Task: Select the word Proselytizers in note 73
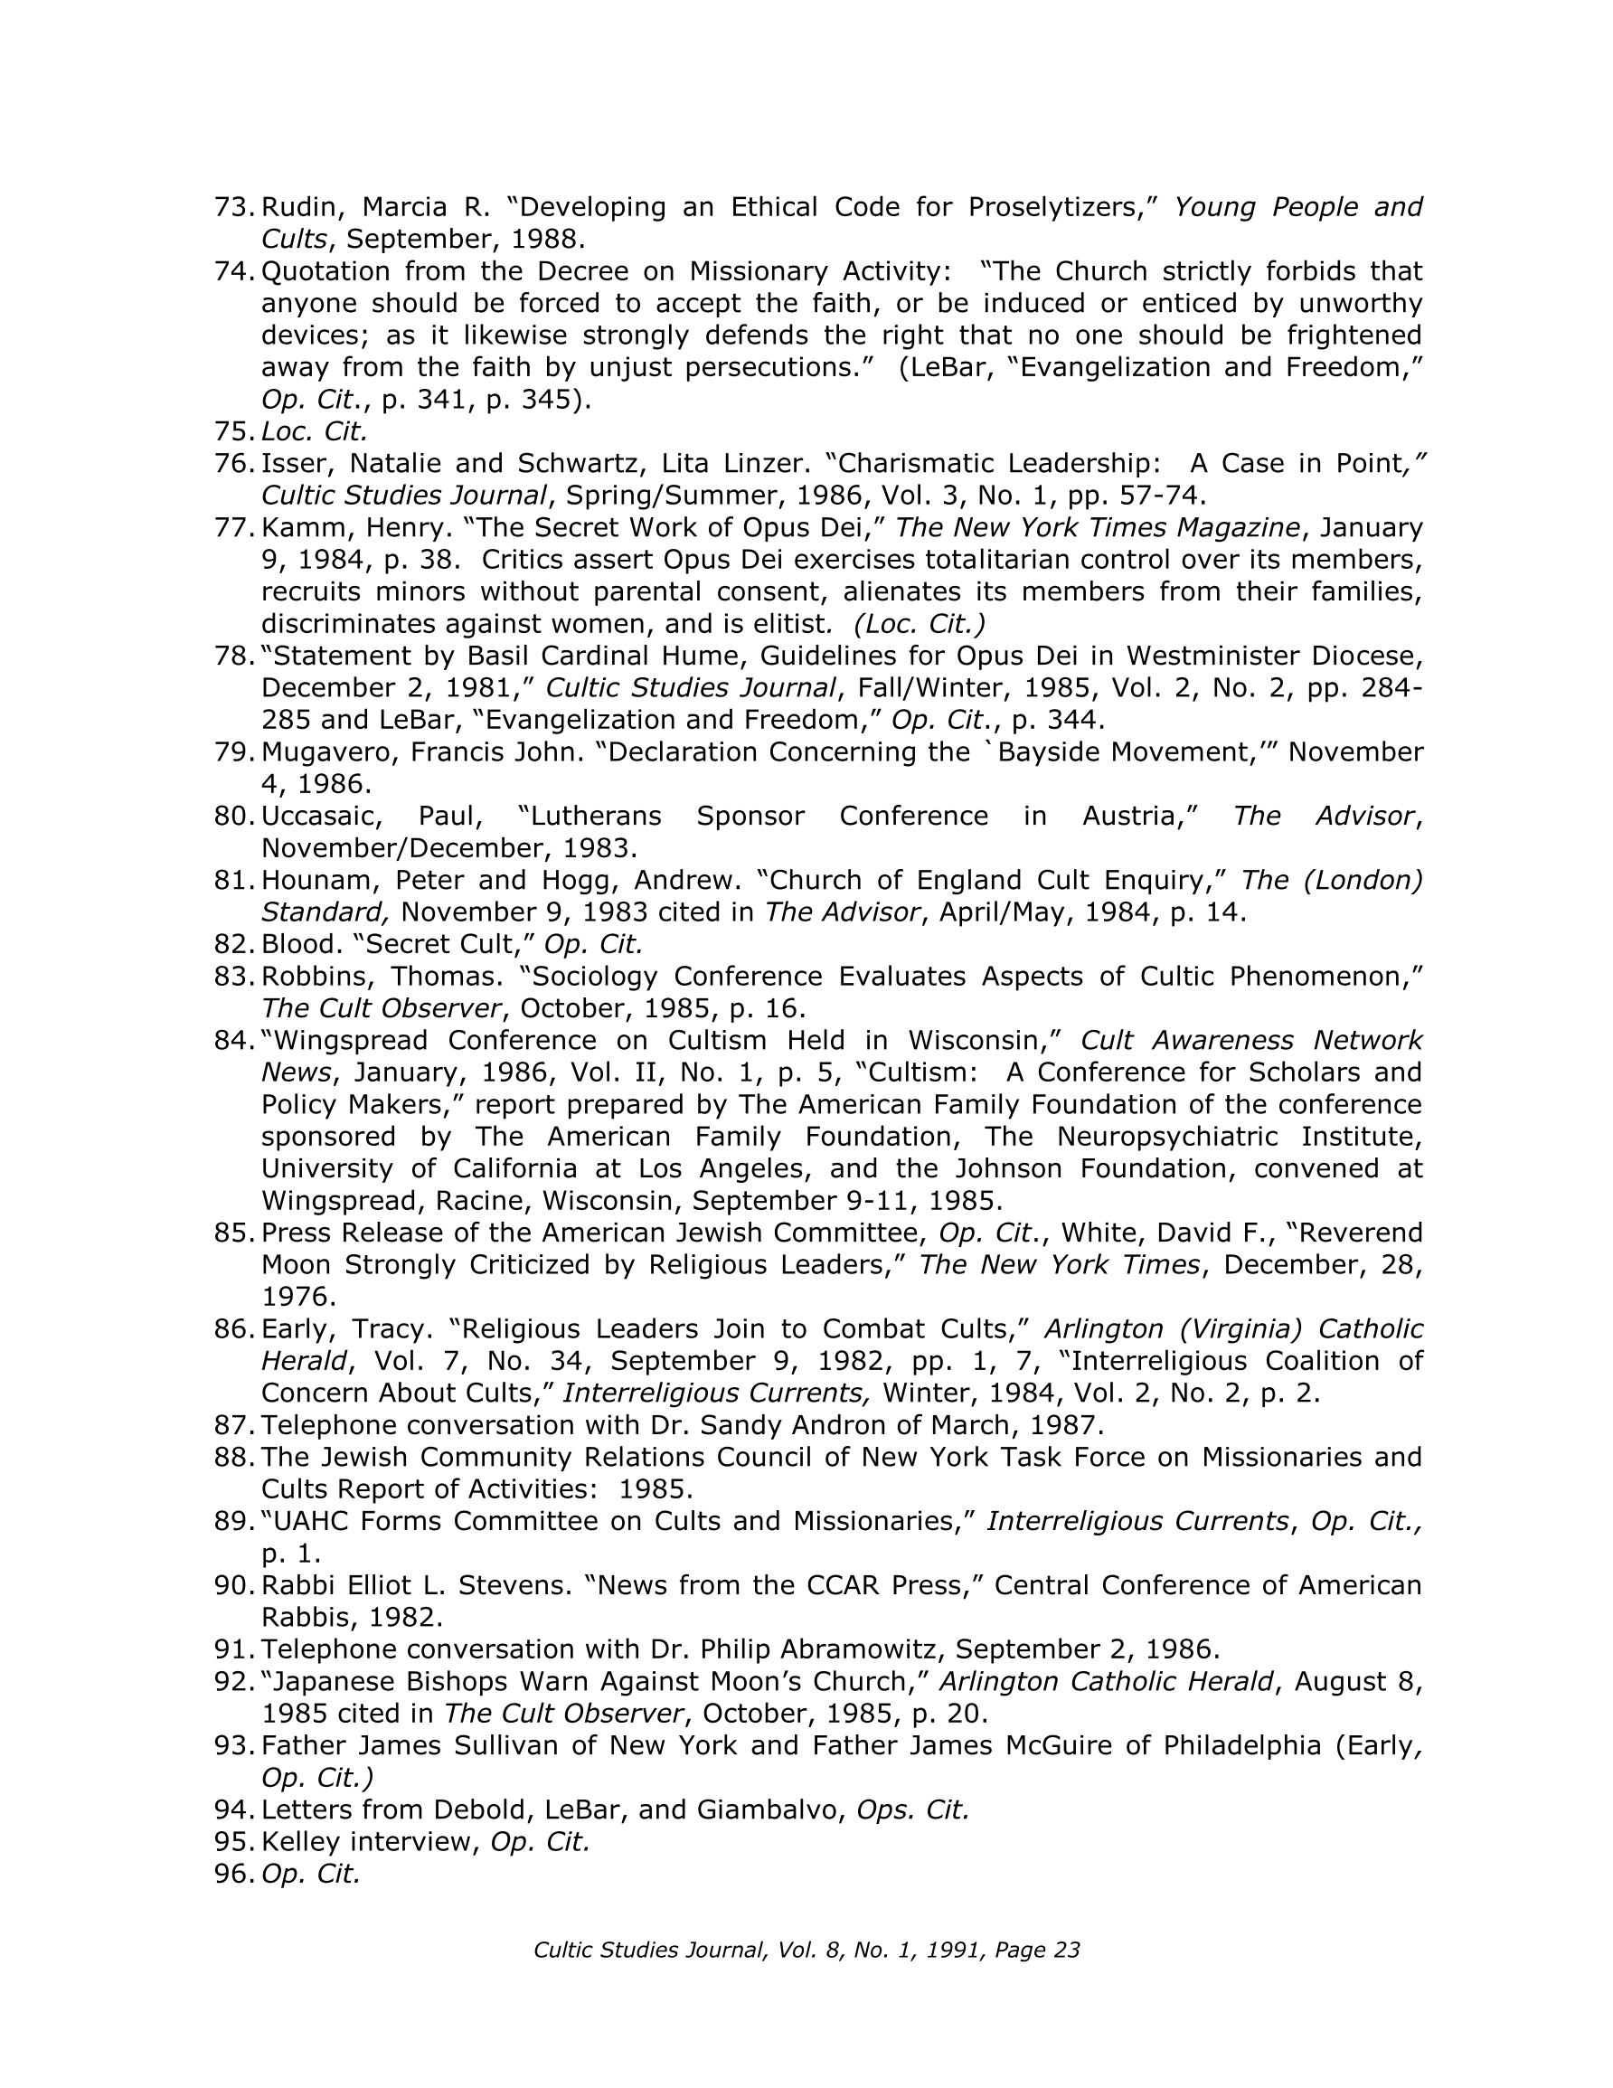(1058, 206)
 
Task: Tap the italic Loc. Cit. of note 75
(314, 431)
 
